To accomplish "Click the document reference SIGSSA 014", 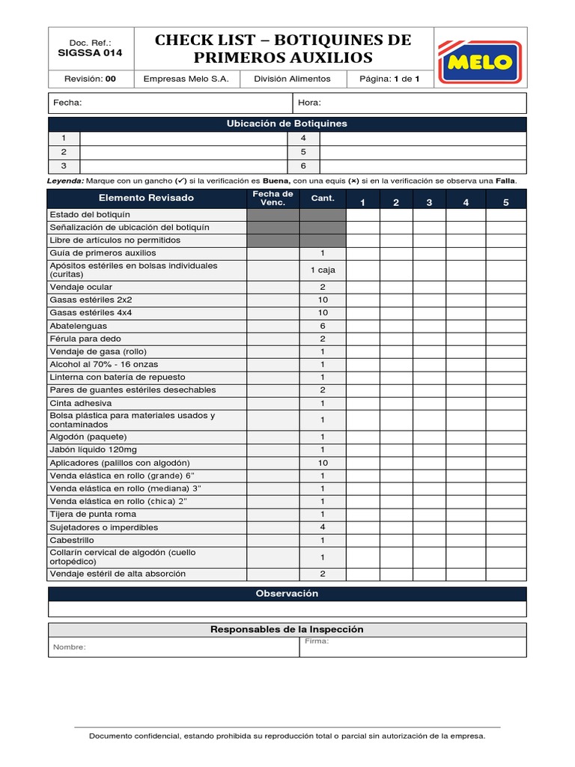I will pyautogui.click(x=90, y=53).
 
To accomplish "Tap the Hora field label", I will pyautogui.click(x=309, y=103).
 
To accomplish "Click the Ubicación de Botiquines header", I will pyautogui.click(x=287, y=124).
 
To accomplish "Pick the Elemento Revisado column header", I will pyautogui.click(x=146, y=198).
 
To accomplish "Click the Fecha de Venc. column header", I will pyautogui.click(x=273, y=198).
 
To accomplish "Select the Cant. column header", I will pyautogui.click(x=322, y=198).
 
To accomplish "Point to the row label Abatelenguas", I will pyautogui.click(x=78, y=326).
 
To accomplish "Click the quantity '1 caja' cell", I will pyautogui.click(x=322, y=270).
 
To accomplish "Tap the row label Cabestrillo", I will pyautogui.click(x=72, y=540).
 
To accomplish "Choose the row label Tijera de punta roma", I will pyautogui.click(x=94, y=514).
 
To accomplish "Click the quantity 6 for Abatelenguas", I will pyautogui.click(x=322, y=326).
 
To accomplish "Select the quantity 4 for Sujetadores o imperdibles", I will pyautogui.click(x=322, y=527).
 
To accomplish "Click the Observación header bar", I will pyautogui.click(x=287, y=593).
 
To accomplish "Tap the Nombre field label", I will pyautogui.click(x=69, y=647).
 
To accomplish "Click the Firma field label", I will pyautogui.click(x=317, y=641).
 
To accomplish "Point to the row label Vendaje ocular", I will pyautogui.click(x=81, y=287).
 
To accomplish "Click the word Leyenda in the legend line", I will pyautogui.click(x=65, y=181).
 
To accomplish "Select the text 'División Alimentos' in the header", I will pyautogui.click(x=291, y=79).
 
